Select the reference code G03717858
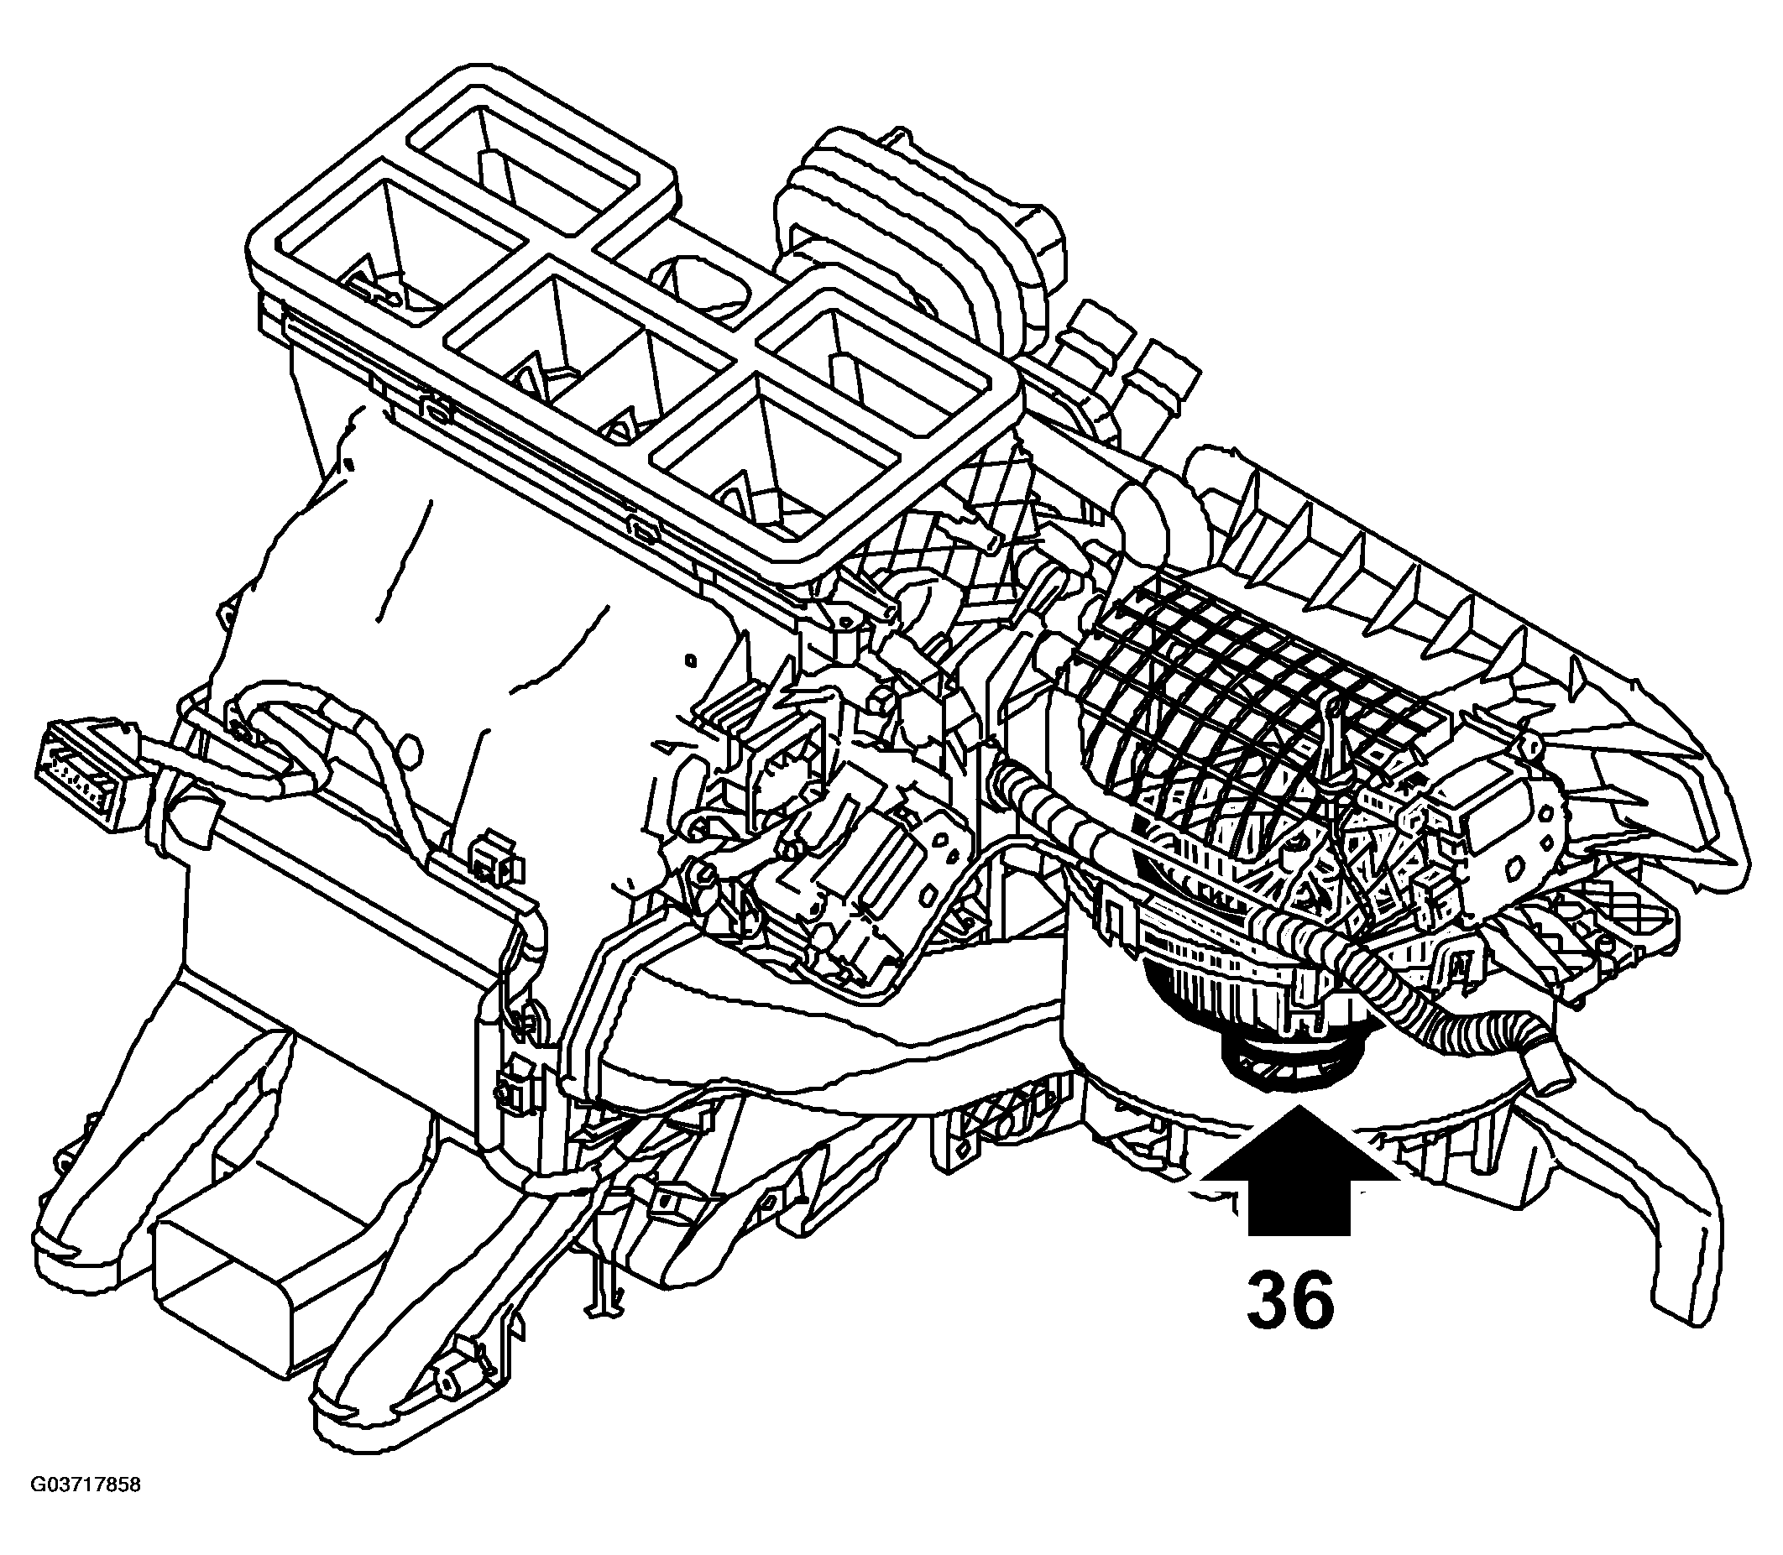(85, 1484)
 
